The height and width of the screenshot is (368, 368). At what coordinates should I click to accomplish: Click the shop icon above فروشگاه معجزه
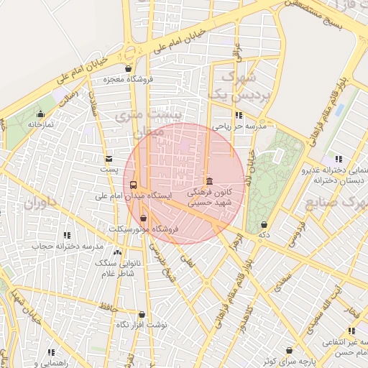point(128,69)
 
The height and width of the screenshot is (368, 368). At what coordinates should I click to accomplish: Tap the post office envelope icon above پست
point(109,159)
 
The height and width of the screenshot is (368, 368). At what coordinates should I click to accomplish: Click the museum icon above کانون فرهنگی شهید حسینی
point(209,182)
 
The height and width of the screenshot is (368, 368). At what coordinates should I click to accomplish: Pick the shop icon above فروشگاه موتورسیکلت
point(143,218)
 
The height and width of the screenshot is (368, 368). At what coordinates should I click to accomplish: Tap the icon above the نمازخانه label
point(40,114)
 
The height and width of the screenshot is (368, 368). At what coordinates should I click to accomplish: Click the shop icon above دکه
point(264,225)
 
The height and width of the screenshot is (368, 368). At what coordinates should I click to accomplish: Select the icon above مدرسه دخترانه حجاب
point(67,235)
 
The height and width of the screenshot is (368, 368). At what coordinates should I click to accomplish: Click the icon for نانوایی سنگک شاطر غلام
point(117,253)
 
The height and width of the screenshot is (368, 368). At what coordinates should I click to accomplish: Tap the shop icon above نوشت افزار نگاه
point(142,315)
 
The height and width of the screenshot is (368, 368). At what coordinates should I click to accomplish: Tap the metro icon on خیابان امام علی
point(130,51)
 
